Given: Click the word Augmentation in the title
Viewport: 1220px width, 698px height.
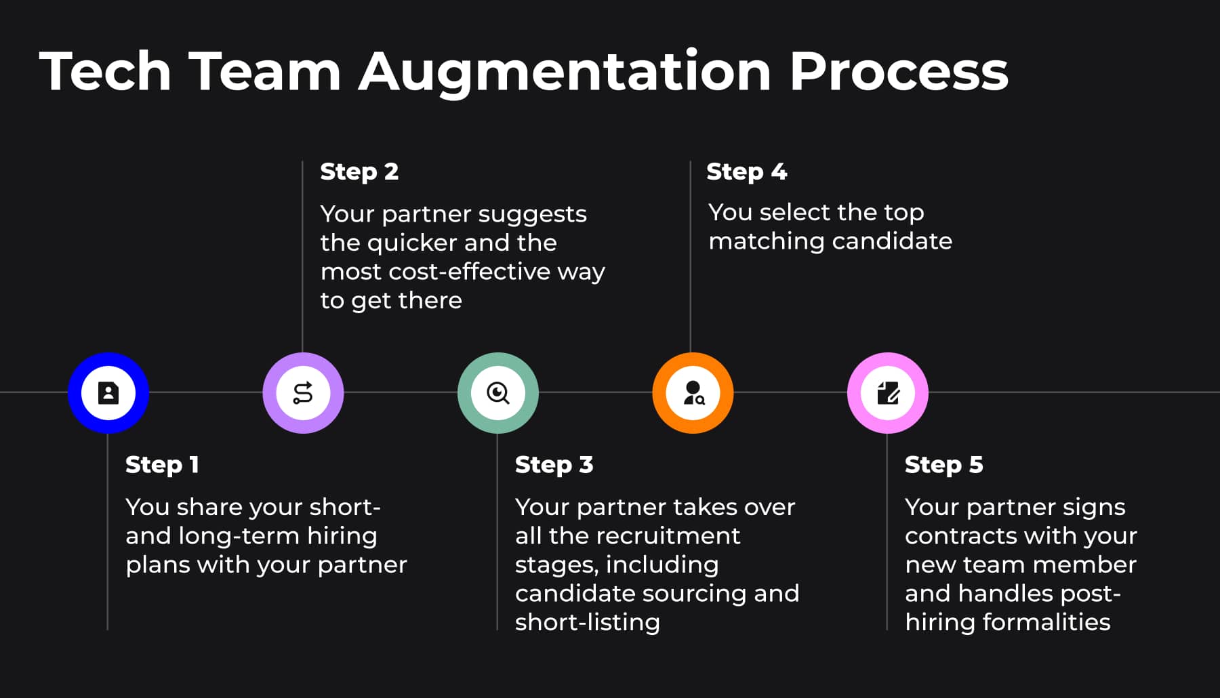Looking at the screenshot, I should click(x=565, y=72).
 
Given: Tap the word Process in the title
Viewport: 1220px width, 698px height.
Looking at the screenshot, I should click(x=899, y=72).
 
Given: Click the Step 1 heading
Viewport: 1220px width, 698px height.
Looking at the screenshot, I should click(x=162, y=465).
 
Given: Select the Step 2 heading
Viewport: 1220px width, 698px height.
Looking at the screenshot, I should click(x=359, y=171).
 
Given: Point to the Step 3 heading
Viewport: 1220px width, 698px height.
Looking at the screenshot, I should click(x=554, y=465).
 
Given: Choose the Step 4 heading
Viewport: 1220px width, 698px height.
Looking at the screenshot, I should click(x=746, y=171).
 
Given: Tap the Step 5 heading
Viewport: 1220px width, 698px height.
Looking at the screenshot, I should click(x=943, y=465).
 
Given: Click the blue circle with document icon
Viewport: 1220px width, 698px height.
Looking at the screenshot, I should click(x=108, y=393).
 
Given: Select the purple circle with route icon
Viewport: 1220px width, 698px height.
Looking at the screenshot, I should click(x=303, y=393).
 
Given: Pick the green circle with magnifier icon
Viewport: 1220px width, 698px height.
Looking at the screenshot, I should click(x=498, y=393).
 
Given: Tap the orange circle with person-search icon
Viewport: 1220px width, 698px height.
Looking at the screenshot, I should click(x=693, y=393).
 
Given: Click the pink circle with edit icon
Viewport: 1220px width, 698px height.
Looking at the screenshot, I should click(x=888, y=393).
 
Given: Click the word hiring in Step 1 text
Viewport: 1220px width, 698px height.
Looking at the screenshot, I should click(x=342, y=536).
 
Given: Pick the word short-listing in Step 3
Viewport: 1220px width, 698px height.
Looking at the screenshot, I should click(x=587, y=622).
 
